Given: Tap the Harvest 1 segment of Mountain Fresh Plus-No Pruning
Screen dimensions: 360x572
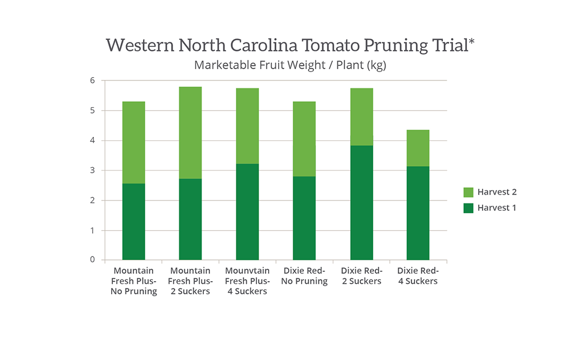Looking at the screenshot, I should [134, 221].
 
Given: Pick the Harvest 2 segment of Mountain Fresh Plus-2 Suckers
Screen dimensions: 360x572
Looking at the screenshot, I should [190, 132].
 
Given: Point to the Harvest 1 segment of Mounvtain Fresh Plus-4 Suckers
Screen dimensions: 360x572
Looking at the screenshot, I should [247, 211].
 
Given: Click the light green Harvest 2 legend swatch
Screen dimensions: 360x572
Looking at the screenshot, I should [468, 192].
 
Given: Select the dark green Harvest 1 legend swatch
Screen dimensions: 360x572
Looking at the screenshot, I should [468, 208].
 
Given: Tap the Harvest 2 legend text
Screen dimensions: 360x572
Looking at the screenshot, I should [497, 192].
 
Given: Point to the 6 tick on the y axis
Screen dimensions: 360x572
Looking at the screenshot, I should [92, 80].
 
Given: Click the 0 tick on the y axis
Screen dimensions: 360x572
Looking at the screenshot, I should [92, 260].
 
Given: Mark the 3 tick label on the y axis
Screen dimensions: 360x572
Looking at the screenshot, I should [92, 170].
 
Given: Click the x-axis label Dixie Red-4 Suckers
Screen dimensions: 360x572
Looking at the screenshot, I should [418, 276].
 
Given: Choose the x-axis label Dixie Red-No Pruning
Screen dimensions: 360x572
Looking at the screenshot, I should [304, 276].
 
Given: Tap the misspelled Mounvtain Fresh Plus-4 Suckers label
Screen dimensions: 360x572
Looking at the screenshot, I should [247, 281].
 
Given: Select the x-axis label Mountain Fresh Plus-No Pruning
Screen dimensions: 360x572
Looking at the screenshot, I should [134, 281].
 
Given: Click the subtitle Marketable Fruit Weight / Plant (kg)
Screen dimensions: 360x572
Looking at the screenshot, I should [290, 65].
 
